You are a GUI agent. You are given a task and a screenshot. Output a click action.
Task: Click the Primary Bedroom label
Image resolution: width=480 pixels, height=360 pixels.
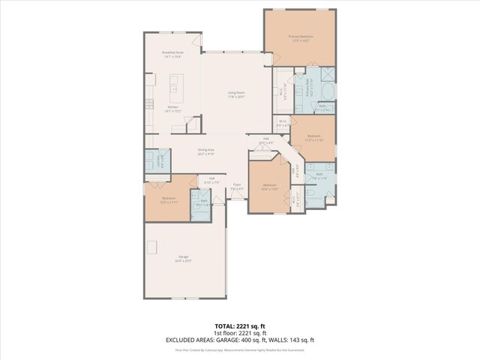pyautogui.click(x=300, y=37)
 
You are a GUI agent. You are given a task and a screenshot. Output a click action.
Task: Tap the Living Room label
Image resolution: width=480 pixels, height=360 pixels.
pyautogui.click(x=237, y=94)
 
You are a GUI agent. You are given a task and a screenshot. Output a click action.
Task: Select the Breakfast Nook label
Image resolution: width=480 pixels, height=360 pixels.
pyautogui.click(x=173, y=53)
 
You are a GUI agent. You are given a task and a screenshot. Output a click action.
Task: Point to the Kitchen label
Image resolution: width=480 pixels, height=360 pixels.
pyautogui.click(x=172, y=107)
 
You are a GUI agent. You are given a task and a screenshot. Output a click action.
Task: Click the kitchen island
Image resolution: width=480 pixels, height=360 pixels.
pyautogui.click(x=177, y=94)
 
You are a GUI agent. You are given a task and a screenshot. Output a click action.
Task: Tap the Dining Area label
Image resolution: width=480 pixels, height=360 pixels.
pyautogui.click(x=206, y=151)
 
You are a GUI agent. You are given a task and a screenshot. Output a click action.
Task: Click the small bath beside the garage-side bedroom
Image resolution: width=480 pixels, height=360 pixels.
pyautogui.click(x=201, y=204)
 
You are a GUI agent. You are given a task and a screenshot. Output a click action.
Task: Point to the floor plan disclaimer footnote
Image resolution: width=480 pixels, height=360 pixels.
pyautogui.click(x=240, y=349)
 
